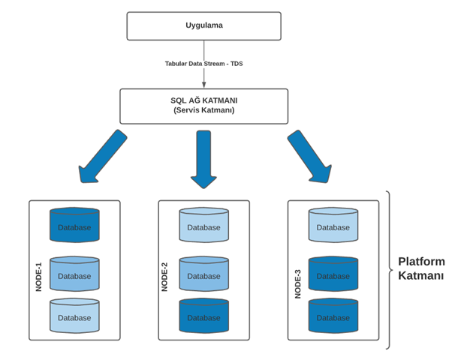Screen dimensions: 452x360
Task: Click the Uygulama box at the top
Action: click(x=203, y=26)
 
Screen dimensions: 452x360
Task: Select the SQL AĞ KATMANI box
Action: click(x=203, y=106)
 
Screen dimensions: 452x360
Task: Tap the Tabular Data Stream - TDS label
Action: click(x=203, y=64)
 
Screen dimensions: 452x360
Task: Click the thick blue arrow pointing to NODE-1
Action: click(x=101, y=157)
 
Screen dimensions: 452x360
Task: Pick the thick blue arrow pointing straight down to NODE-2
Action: click(x=203, y=159)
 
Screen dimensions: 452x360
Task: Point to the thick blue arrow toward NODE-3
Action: click(x=310, y=157)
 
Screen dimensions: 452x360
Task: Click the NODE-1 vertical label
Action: click(x=38, y=277)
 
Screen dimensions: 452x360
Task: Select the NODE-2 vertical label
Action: click(x=164, y=277)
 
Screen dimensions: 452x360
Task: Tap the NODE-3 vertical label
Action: click(x=298, y=284)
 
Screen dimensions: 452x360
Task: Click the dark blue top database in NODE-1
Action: click(x=74, y=225)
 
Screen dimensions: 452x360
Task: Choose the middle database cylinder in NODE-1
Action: click(x=74, y=274)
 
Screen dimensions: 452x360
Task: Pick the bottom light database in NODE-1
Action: click(x=74, y=316)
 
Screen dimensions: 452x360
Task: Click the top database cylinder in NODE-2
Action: click(x=204, y=225)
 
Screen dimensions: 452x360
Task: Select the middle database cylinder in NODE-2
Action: click(x=204, y=274)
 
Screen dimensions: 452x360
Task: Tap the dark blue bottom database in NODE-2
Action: click(x=204, y=316)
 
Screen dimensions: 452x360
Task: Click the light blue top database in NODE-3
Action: click(x=333, y=225)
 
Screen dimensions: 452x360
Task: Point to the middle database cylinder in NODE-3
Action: click(x=333, y=274)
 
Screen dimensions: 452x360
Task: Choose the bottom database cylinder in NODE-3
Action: click(x=333, y=316)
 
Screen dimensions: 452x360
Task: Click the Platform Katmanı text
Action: click(x=421, y=268)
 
